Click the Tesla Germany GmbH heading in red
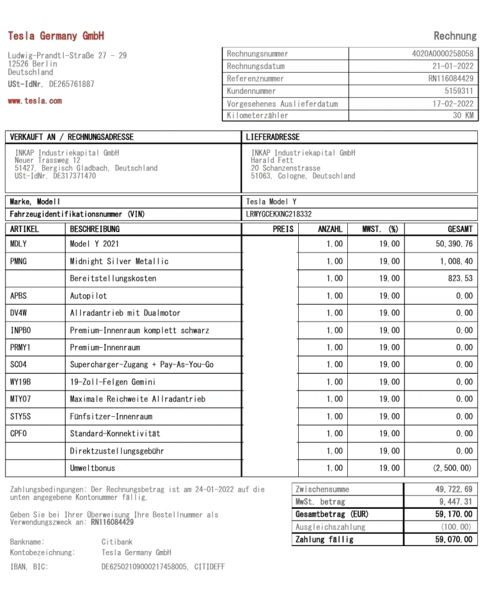pyautogui.click(x=56, y=36)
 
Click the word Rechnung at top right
pyautogui.click(x=455, y=36)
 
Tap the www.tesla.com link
pyautogui.click(x=35, y=101)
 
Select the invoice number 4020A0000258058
pyautogui.click(x=442, y=54)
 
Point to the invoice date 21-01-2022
pyautogui.click(x=453, y=67)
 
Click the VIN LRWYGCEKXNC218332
pyautogui.click(x=279, y=214)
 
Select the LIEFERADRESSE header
pyautogui.click(x=273, y=137)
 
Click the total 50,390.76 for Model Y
pyautogui.click(x=454, y=244)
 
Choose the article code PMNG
pyautogui.click(x=19, y=262)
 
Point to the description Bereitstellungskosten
pyautogui.click(x=113, y=279)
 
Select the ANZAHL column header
pyautogui.click(x=330, y=230)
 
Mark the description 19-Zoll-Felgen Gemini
pyautogui.click(x=112, y=382)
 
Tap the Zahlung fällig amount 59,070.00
pyautogui.click(x=454, y=540)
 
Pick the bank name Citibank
pyautogui.click(x=118, y=542)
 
